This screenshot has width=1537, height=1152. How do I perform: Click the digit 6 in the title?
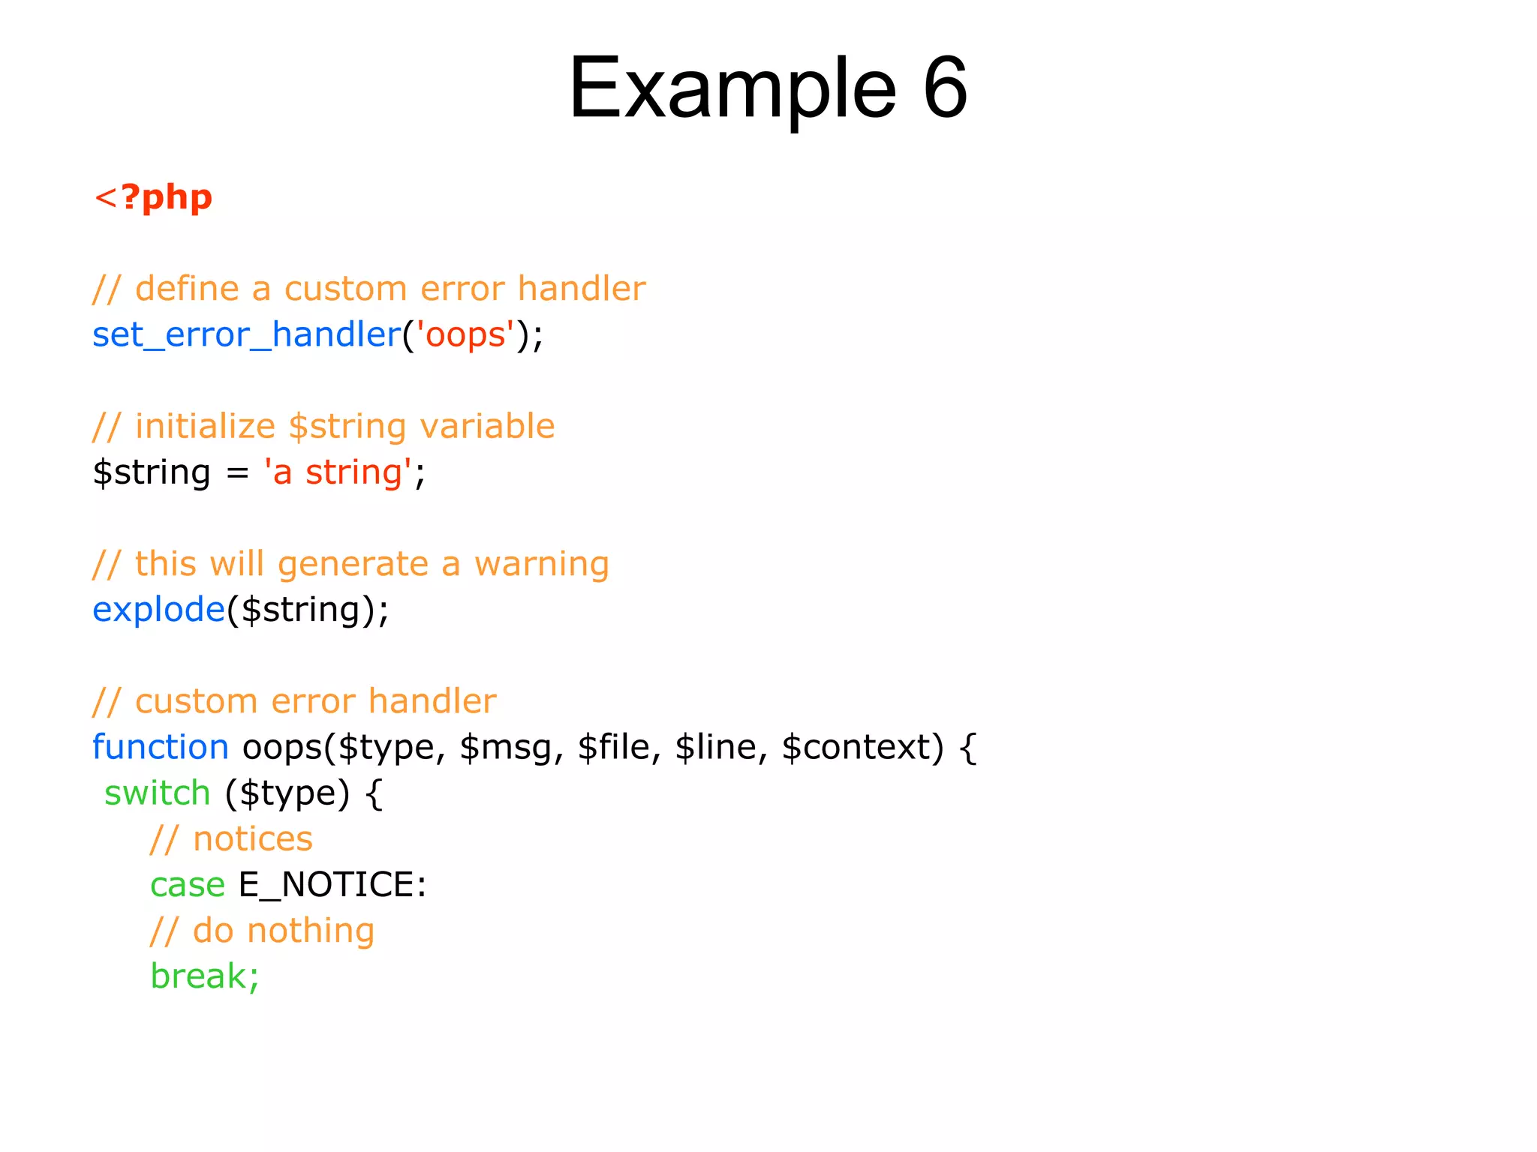[x=945, y=88]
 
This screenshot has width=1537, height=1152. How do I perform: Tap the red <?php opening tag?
[x=153, y=197]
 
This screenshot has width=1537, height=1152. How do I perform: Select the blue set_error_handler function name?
[x=247, y=334]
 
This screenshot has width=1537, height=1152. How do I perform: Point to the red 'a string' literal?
[x=338, y=472]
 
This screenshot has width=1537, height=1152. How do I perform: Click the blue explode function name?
[x=158, y=610]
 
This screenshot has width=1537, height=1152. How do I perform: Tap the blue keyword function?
[x=160, y=747]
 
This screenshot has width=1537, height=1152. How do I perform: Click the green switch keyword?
[x=157, y=793]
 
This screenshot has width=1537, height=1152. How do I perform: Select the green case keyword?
[x=187, y=885]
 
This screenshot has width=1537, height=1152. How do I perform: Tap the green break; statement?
[x=204, y=976]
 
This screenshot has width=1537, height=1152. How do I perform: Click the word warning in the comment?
[x=541, y=565]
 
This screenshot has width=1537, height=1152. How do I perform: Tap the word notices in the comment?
[x=253, y=839]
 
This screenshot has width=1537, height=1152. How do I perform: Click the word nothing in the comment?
[x=311, y=931]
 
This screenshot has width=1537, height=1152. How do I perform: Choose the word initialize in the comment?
[x=205, y=427]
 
